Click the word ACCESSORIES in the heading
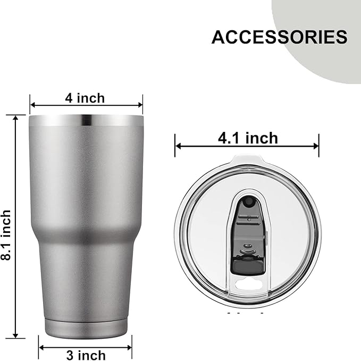(x=279, y=37)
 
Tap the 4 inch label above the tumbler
(x=85, y=98)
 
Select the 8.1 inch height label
(x=6, y=226)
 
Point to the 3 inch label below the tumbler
(x=85, y=355)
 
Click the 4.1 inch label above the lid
(x=248, y=138)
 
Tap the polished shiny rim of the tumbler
(x=86, y=121)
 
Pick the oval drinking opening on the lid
(x=248, y=286)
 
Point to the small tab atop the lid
(x=248, y=158)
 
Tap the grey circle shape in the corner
(x=324, y=32)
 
